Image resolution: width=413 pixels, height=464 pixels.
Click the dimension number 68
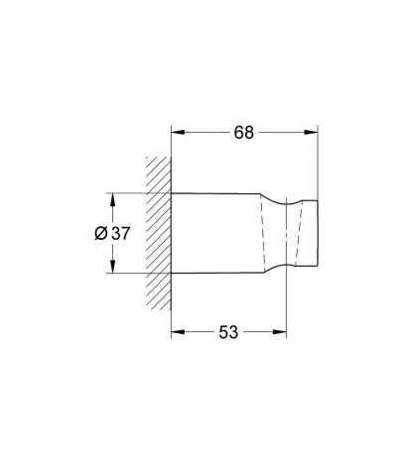pos(243,133)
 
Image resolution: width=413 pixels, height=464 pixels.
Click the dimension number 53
pos(228,332)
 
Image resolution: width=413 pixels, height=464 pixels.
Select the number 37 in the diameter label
pos(120,234)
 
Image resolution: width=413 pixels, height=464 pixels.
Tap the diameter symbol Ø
pos(101,233)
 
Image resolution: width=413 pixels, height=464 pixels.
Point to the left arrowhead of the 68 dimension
pos(178,132)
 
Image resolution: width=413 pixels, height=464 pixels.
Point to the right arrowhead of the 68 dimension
pos(311,132)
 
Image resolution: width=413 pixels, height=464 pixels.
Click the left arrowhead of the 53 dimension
pos(178,332)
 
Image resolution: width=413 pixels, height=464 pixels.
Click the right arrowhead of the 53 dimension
pos(279,332)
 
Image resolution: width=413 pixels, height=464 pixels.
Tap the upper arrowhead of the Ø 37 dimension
pos(113,199)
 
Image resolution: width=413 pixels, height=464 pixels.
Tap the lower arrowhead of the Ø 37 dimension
pos(113,267)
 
